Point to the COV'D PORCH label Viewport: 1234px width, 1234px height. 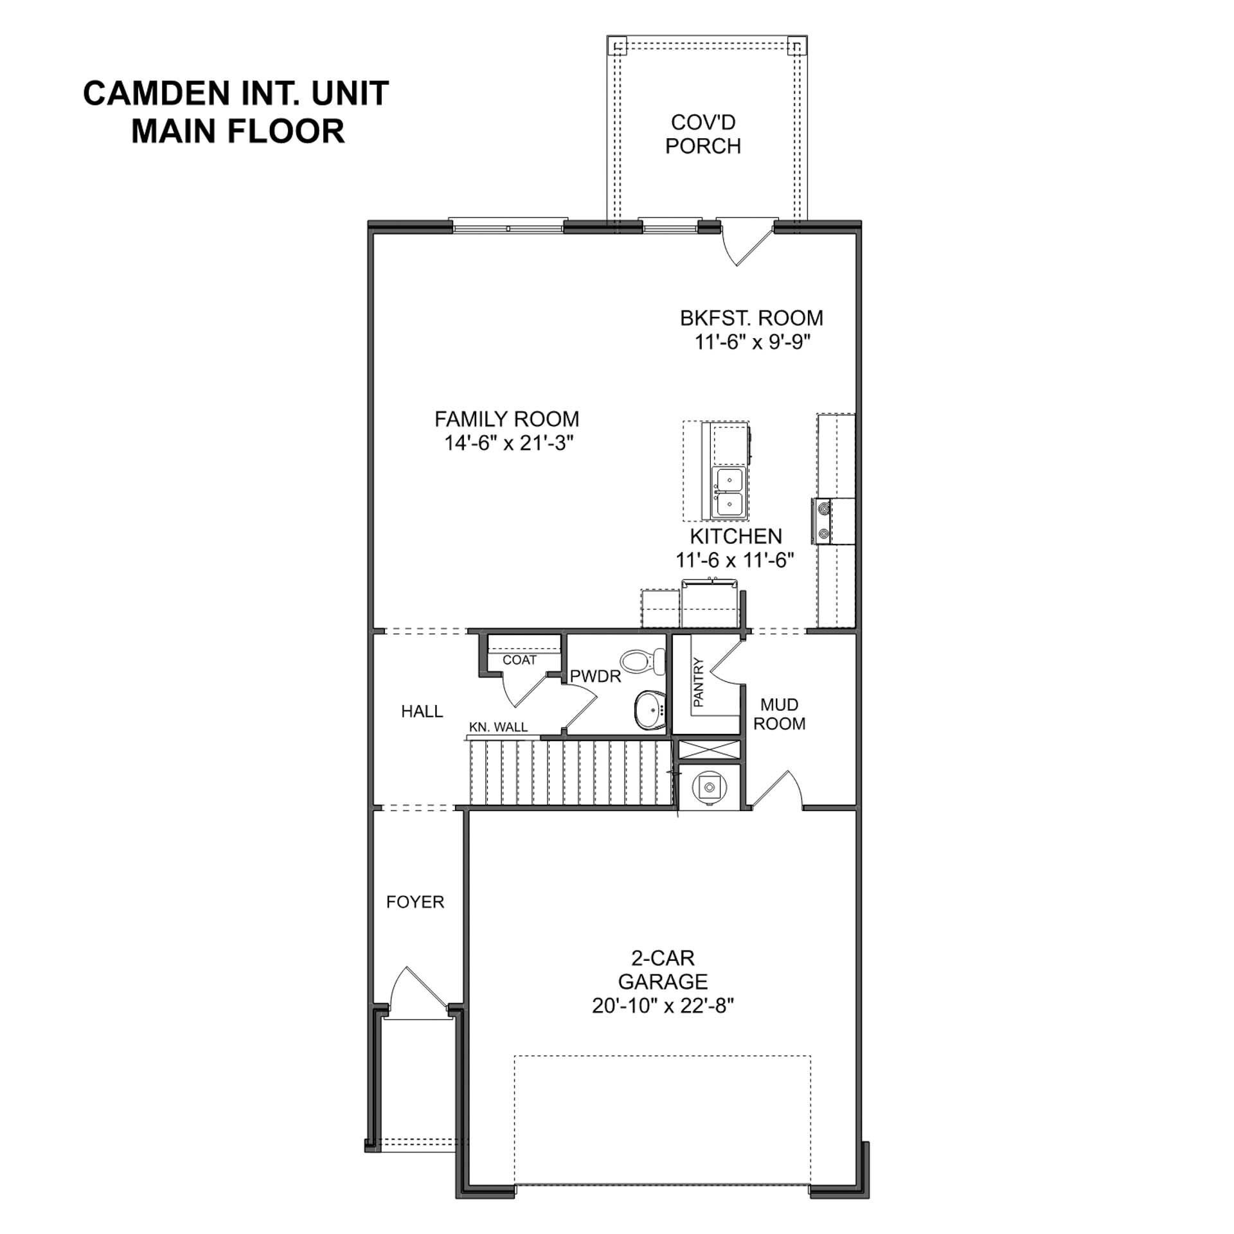(702, 134)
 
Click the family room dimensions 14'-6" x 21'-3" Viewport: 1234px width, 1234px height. (508, 443)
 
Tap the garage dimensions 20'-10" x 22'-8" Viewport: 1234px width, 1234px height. (663, 1006)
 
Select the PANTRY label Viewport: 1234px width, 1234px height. (699, 683)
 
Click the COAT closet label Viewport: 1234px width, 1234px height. (519, 660)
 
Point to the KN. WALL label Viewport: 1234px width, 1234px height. (498, 727)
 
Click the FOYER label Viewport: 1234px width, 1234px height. (415, 902)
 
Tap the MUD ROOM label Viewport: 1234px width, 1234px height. (779, 714)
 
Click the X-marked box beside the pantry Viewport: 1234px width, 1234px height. (710, 750)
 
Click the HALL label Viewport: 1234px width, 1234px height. (422, 711)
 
